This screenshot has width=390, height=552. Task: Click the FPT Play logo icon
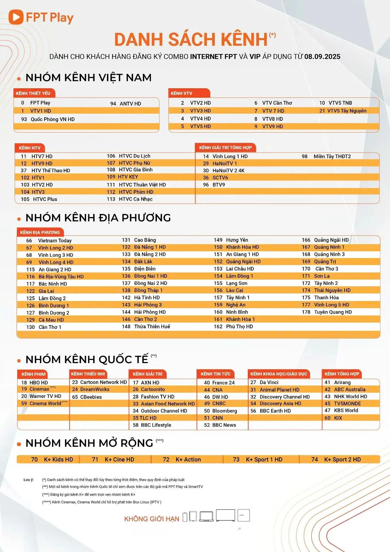pyautogui.click(x=16, y=17)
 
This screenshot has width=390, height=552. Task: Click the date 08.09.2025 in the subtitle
pyautogui.click(x=322, y=56)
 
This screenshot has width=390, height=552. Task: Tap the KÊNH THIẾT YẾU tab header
pyautogui.click(x=33, y=93)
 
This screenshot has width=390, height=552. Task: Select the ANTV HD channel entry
pyautogui.click(x=130, y=104)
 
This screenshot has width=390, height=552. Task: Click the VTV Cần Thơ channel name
pyautogui.click(x=277, y=103)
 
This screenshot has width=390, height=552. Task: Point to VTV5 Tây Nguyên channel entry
pyautogui.click(x=347, y=111)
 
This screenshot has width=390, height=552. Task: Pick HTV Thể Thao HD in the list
pyautogui.click(x=51, y=170)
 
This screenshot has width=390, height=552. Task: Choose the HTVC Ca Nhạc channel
pyautogui.click(x=135, y=199)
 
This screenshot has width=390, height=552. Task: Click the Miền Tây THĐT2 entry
pyautogui.click(x=332, y=156)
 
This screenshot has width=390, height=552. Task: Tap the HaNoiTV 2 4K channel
pyautogui.click(x=228, y=170)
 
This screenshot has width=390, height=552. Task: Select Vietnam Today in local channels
pyautogui.click(x=55, y=241)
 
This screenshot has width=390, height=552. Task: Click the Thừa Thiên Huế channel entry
pyautogui.click(x=152, y=327)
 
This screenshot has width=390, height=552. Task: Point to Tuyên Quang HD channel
pyautogui.click(x=333, y=312)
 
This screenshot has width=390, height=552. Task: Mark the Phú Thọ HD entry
pyautogui.click(x=239, y=327)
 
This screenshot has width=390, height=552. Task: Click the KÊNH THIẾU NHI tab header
pyautogui.click(x=88, y=374)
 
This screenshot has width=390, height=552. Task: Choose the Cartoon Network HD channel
pyautogui.click(x=103, y=382)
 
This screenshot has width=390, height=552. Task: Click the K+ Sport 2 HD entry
pyautogui.click(x=342, y=459)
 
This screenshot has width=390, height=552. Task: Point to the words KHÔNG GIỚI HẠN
pyautogui.click(x=151, y=519)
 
